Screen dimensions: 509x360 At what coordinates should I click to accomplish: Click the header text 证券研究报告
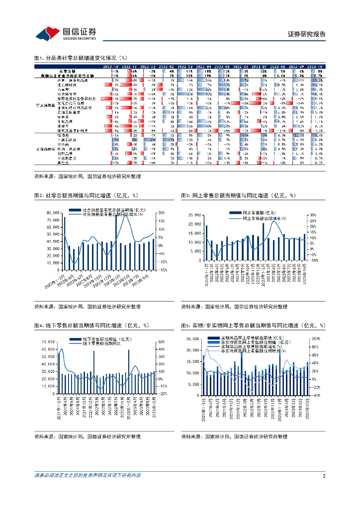click(307, 34)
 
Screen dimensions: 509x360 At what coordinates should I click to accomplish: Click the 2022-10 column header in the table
click(110, 66)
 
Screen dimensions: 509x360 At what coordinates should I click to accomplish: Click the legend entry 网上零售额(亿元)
click(259, 213)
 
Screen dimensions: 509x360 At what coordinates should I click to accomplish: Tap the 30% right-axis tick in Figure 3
click(313, 215)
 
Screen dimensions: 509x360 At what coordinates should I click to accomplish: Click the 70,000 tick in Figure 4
click(47, 342)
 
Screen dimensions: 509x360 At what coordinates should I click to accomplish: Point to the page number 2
click(324, 476)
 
